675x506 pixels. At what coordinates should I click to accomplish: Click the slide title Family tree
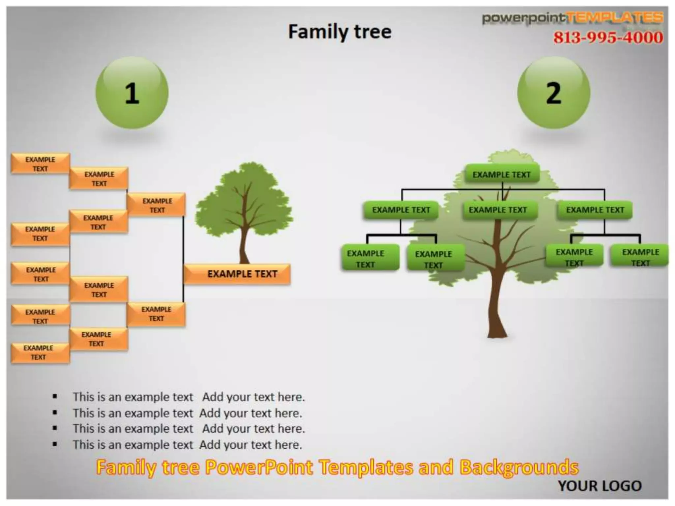(340, 32)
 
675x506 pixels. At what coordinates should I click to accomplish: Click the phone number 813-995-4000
(608, 37)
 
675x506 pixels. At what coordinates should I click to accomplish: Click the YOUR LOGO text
(600, 486)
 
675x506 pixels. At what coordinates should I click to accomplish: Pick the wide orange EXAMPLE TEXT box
(237, 274)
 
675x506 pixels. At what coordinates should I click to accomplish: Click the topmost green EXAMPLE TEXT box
(502, 174)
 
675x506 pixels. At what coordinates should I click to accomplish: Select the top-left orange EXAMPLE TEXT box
(40, 163)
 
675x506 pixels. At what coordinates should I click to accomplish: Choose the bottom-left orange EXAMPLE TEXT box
(40, 352)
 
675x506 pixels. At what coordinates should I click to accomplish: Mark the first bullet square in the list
(55, 396)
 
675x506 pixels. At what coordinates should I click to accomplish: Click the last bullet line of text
(187, 445)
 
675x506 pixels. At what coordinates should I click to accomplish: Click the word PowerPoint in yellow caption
(259, 467)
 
